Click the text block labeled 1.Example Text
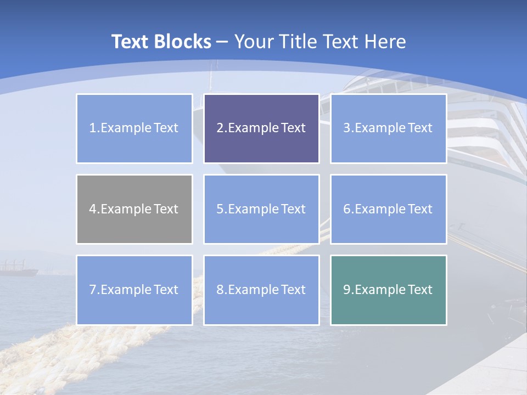(134, 128)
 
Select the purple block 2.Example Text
(261, 128)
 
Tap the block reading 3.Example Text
(389, 128)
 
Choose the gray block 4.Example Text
(134, 209)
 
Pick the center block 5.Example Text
(261, 209)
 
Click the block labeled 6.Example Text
(389, 209)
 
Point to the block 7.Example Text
(134, 290)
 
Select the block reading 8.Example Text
(261, 290)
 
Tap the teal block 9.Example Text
(389, 290)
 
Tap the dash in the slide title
(222, 42)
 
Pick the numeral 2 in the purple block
(220, 128)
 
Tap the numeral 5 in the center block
(220, 209)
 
